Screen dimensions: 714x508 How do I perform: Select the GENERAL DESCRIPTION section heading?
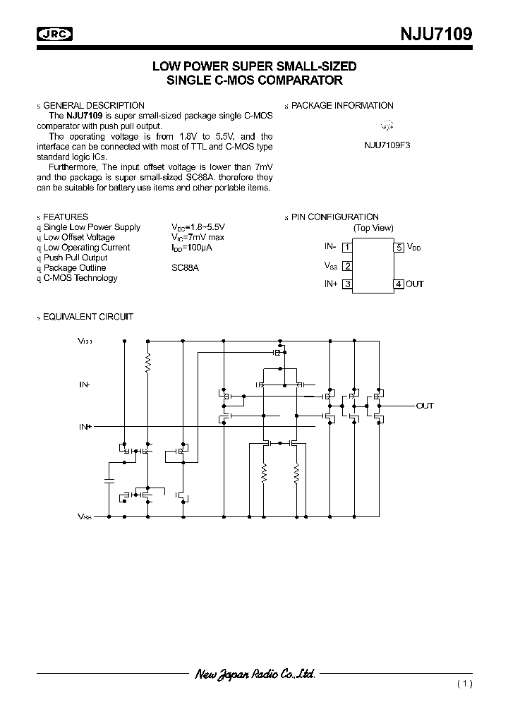94,105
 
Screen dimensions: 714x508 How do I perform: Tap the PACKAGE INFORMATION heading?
342,105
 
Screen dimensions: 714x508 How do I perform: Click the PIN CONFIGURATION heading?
335,217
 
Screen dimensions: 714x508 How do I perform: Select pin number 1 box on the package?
346,247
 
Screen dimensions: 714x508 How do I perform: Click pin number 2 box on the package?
346,266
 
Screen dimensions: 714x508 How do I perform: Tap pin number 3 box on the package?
346,284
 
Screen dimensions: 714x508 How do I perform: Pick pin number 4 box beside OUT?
399,284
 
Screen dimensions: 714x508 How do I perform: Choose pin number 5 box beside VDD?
399,247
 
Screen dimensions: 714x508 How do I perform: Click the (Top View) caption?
373,228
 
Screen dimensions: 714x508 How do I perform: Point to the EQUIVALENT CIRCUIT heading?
88,317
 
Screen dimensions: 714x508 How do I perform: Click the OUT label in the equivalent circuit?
425,406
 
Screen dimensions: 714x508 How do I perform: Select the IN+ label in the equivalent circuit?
85,427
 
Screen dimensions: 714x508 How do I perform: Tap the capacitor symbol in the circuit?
109,480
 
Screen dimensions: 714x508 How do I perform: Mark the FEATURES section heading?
66,217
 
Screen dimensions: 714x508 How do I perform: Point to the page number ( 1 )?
464,684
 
